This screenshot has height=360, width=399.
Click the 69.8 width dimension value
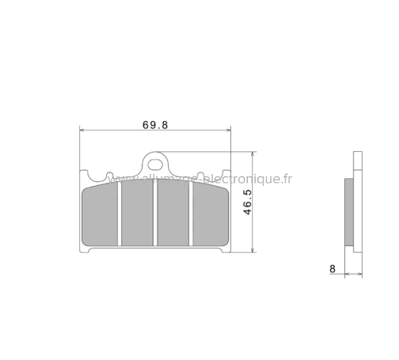[155, 124]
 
